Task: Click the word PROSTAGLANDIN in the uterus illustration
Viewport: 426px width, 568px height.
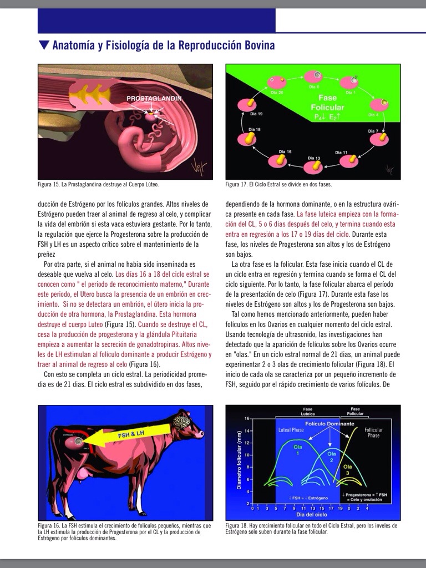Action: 154,98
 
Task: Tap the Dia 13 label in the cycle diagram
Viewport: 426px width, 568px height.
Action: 314,158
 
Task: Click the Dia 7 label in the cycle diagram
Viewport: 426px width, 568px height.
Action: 373,131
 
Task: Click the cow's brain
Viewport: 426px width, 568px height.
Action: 181,422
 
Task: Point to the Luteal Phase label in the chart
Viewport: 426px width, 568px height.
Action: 290,430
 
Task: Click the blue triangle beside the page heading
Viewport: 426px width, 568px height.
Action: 44,45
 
